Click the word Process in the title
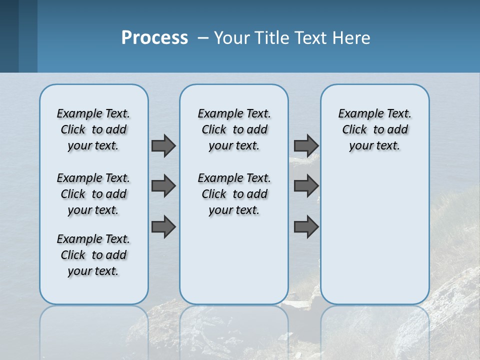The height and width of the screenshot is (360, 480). pyautogui.click(x=154, y=38)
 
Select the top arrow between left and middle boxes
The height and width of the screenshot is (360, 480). pyautogui.click(x=163, y=145)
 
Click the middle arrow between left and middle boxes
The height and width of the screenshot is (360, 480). pyautogui.click(x=163, y=186)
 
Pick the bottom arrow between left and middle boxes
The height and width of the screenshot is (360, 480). pyautogui.click(x=163, y=227)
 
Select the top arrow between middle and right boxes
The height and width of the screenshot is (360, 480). pyautogui.click(x=306, y=145)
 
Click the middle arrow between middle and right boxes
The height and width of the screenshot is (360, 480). pyautogui.click(x=306, y=186)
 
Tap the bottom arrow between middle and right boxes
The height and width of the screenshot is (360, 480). pyautogui.click(x=306, y=227)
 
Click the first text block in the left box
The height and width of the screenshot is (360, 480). pyautogui.click(x=93, y=129)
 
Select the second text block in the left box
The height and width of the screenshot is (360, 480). pyautogui.click(x=93, y=194)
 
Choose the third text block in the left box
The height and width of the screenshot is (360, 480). pyautogui.click(x=93, y=255)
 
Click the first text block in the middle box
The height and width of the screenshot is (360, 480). pyautogui.click(x=234, y=129)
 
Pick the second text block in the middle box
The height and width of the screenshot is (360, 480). pyautogui.click(x=234, y=194)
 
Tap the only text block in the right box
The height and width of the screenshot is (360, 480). pyautogui.click(x=374, y=129)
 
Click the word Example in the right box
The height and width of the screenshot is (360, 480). pyautogui.click(x=357, y=114)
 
